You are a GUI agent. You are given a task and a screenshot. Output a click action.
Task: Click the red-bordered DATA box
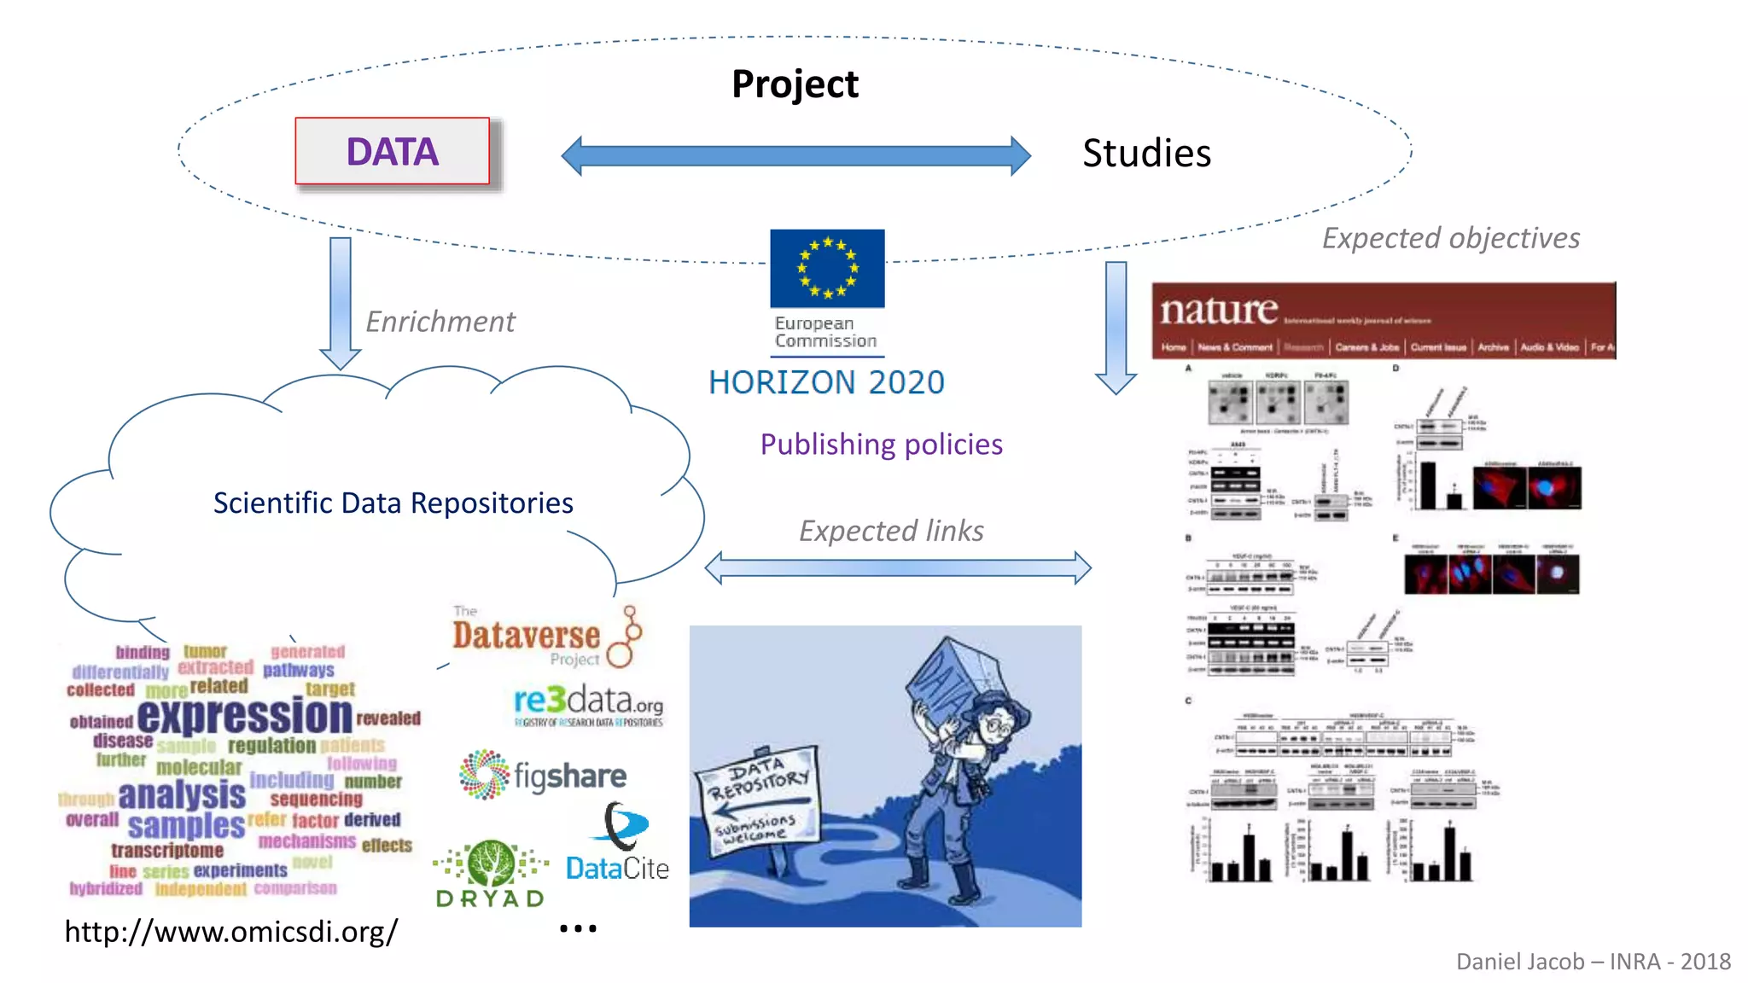[392, 151]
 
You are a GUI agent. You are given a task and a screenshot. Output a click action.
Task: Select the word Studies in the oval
[1145, 154]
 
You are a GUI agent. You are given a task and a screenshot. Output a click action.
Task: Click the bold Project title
[795, 84]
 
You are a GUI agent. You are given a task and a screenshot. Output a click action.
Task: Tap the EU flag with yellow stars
[827, 268]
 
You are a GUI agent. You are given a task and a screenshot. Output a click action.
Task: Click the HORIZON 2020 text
[826, 382]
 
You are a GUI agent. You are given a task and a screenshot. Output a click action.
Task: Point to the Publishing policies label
[881, 444]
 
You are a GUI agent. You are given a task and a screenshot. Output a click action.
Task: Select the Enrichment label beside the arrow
[440, 322]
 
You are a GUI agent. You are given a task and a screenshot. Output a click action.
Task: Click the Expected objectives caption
[1450, 237]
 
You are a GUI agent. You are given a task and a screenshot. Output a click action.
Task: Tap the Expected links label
[890, 531]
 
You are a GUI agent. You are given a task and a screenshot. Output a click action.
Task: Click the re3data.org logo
[588, 704]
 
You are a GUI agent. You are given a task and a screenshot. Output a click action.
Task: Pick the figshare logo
[543, 775]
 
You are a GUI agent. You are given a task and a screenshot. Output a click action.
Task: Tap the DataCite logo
[618, 845]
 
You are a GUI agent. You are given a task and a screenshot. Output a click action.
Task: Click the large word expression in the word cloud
[244, 715]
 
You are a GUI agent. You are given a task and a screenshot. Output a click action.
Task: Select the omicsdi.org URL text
[230, 931]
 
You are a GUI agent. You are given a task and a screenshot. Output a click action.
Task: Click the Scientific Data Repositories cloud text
[393, 503]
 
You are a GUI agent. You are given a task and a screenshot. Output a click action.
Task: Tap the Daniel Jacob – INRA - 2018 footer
[1593, 962]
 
